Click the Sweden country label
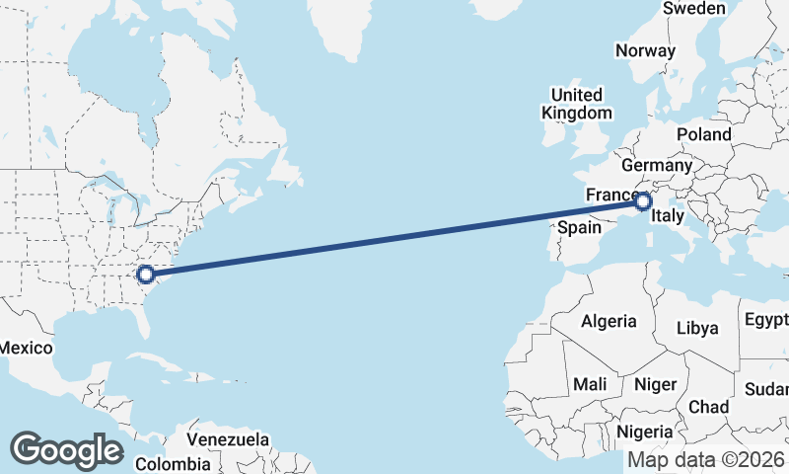pos(693,9)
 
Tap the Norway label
pos(645,50)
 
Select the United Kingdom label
pos(577,104)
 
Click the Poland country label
pos(704,134)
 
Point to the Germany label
pos(652,165)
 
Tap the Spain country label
pos(580,227)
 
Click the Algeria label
pos(609,321)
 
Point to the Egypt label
pos(767,320)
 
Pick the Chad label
pos(708,407)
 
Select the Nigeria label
pos(645,432)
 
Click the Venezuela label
pos(228,438)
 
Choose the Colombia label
pos(173,463)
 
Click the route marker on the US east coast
pos(145,275)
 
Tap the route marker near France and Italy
pos(643,202)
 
